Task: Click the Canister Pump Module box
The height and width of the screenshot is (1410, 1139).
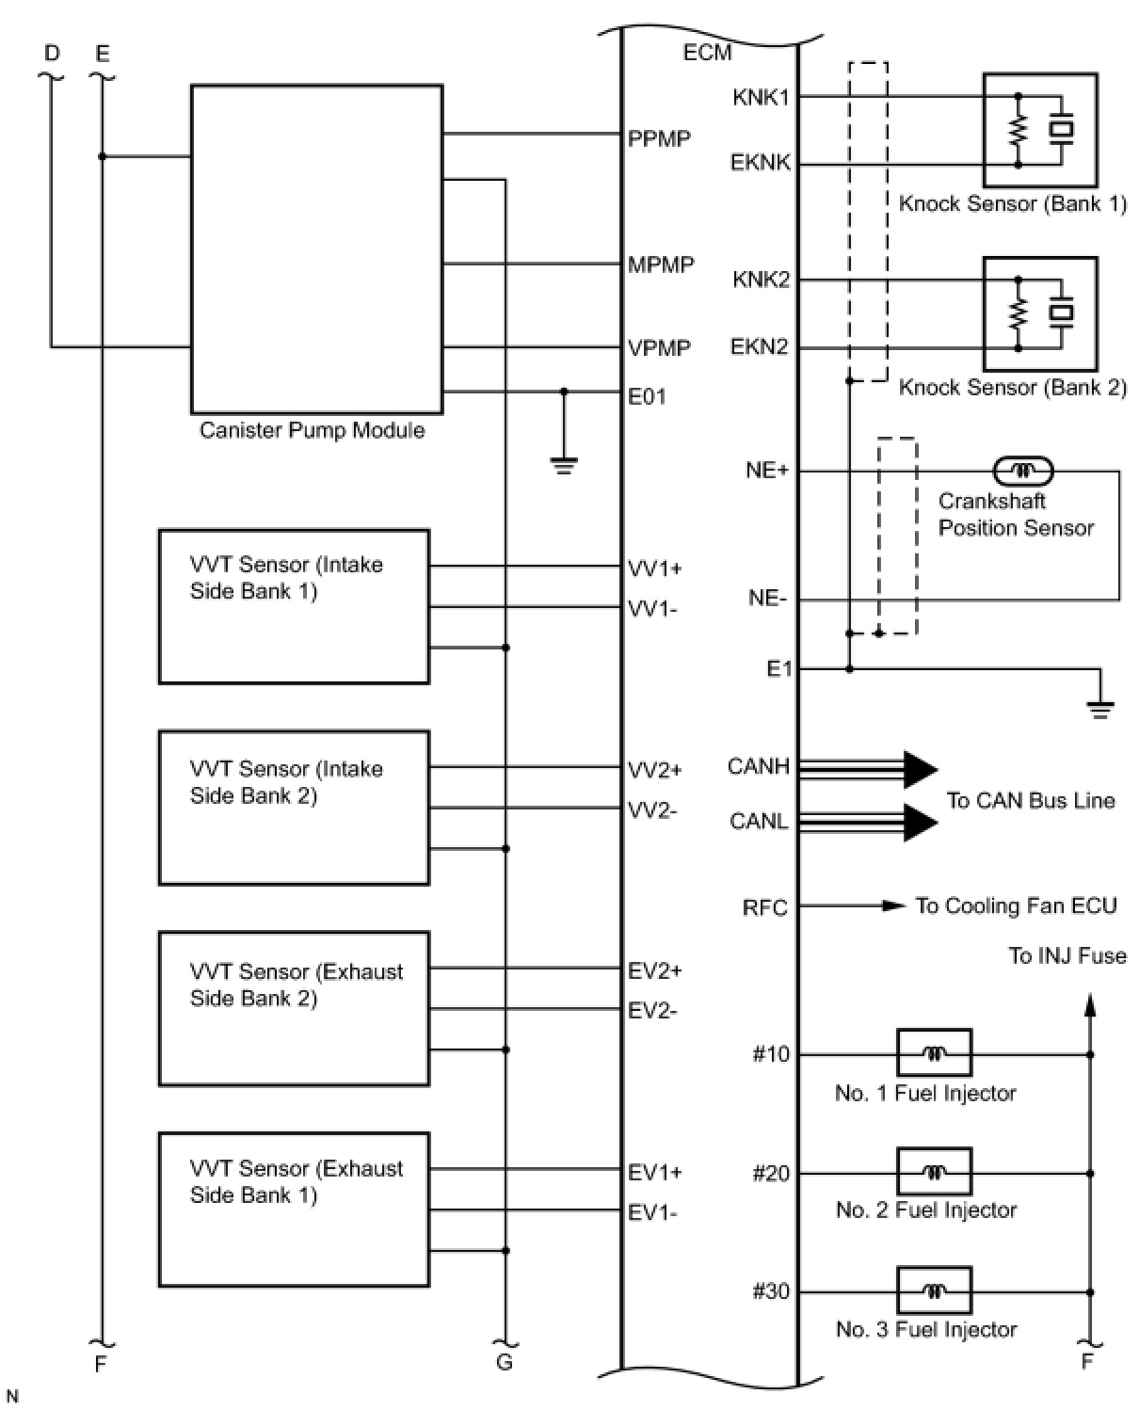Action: (x=316, y=249)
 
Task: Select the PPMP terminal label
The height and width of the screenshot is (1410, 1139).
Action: (x=659, y=139)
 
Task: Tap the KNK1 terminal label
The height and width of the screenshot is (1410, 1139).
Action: (x=761, y=97)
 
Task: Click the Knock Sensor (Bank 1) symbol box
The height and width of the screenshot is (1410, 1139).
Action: (x=1039, y=130)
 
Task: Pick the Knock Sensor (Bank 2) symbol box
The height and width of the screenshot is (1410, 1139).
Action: (x=1039, y=313)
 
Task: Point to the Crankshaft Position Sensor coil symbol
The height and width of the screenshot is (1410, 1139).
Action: (x=1023, y=470)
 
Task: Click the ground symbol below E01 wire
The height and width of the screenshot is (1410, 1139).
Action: (x=564, y=464)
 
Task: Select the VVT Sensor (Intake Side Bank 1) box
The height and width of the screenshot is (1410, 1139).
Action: (x=294, y=606)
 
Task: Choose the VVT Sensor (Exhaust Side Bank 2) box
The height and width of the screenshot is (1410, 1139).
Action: (x=294, y=1008)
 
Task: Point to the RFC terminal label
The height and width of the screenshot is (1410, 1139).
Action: (x=764, y=908)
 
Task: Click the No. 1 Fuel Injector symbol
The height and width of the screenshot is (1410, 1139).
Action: (x=934, y=1053)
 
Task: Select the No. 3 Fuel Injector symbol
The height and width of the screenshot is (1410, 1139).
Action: (x=934, y=1291)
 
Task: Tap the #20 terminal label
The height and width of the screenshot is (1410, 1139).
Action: (x=771, y=1174)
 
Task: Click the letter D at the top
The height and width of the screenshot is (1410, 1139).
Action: (x=52, y=53)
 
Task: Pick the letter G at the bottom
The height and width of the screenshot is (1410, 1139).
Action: (x=505, y=1362)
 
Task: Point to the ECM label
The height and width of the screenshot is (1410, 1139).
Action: (x=707, y=53)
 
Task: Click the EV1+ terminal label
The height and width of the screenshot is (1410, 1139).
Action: (x=655, y=1173)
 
